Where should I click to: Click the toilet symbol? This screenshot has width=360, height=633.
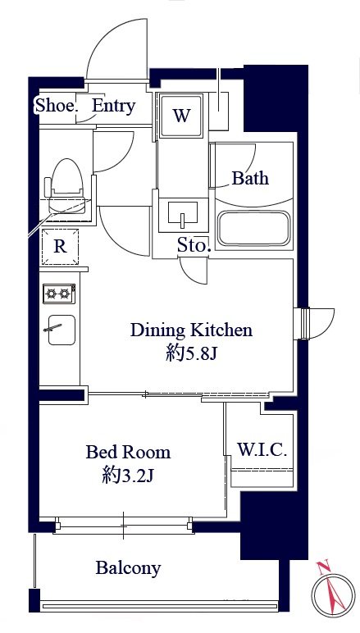tap(66, 185)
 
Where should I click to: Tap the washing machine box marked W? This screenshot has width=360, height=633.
tap(180, 116)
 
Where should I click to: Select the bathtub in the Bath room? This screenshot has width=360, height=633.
tap(253, 228)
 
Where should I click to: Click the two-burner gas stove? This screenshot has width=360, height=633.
tap(59, 294)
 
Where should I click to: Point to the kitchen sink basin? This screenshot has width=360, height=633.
tap(62, 330)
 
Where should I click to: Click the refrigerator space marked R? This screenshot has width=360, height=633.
tap(60, 247)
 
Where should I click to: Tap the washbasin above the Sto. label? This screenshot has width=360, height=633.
tap(182, 214)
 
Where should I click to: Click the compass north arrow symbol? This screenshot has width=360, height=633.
tap(333, 594)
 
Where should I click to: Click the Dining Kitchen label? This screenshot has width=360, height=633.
tap(191, 330)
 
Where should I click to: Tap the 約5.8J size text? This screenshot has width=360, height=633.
tap(192, 354)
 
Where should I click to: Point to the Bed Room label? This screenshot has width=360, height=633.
tap(128, 452)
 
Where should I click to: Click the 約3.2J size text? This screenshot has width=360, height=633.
tap(128, 476)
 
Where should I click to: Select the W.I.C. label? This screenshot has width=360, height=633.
tap(262, 449)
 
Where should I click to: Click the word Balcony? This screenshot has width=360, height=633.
tap(128, 568)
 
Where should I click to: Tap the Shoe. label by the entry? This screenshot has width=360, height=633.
tap(56, 106)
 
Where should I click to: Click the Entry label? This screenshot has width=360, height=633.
tap(113, 106)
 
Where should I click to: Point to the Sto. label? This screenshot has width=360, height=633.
tap(194, 245)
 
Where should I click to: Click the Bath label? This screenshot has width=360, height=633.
tap(250, 178)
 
